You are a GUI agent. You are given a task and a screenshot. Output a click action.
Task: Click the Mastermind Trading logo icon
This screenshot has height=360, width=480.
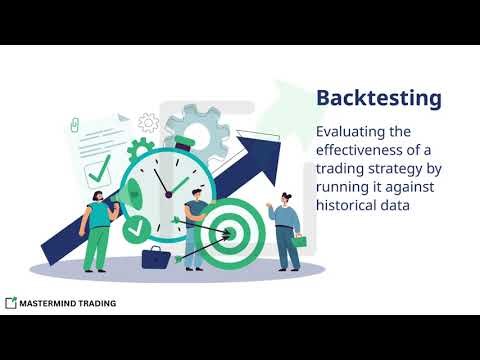click(x=10, y=302)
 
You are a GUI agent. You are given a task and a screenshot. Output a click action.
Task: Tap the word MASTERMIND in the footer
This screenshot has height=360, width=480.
click(x=50, y=302)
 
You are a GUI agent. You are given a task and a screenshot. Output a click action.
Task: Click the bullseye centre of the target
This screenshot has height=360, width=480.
click(x=226, y=235)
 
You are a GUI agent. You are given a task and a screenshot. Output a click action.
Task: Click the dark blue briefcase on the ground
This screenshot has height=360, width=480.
click(x=155, y=259)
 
